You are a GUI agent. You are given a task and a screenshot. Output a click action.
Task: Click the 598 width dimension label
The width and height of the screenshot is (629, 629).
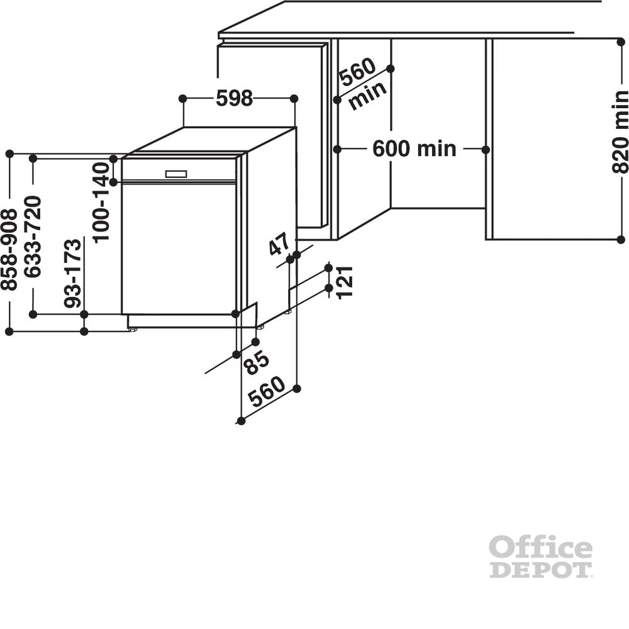point(234,99)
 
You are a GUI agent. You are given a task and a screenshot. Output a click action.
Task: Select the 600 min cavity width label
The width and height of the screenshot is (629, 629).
point(414,149)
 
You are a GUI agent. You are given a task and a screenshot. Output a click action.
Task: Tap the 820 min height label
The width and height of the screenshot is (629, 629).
point(620,132)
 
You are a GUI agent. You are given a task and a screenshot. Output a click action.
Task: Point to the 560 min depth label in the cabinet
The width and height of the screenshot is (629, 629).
point(364,84)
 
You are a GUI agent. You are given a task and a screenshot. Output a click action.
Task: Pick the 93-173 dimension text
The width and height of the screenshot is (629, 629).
point(73,274)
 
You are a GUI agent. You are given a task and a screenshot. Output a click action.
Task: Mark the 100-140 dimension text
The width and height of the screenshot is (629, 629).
point(101,202)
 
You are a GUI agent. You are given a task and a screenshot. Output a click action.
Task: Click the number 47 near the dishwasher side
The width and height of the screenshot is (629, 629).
point(279,245)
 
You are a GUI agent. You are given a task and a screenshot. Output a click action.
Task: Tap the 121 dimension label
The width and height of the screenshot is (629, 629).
point(345,282)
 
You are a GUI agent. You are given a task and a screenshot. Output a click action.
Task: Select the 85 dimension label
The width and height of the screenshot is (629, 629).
point(257,362)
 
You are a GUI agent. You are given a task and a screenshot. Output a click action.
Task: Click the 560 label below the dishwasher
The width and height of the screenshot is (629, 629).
point(267,392)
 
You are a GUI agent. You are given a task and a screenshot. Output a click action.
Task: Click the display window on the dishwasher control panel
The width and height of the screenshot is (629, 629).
point(176,174)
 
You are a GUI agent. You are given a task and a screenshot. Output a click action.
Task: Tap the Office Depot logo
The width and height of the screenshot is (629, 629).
point(541,557)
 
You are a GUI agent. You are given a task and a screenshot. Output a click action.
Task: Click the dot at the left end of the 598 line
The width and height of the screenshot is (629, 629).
point(182,99)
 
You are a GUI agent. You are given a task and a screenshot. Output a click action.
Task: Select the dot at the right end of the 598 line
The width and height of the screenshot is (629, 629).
point(294,99)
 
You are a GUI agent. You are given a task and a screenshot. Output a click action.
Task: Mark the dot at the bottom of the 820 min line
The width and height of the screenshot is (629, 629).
point(620,240)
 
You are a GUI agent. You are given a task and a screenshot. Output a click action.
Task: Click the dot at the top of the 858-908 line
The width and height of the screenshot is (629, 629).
point(9,153)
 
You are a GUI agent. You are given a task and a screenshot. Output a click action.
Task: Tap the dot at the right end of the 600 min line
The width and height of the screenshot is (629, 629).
point(486,150)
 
